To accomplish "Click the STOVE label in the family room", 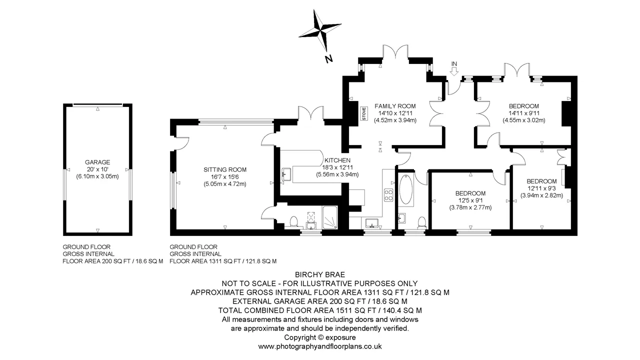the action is (363, 113).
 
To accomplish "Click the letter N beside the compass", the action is (329, 59).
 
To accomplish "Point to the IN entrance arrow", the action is (453, 72).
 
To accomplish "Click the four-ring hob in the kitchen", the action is (388, 195).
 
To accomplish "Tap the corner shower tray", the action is (330, 217).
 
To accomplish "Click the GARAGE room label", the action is (97, 162).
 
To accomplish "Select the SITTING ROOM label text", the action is (225, 169).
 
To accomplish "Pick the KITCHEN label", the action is (337, 160).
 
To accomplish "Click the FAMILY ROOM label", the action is (395, 106).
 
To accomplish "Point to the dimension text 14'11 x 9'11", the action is (524, 113).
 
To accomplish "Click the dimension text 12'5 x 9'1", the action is (470, 200).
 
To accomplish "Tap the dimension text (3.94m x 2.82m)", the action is (541, 195).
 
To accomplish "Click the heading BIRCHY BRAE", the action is (320, 274).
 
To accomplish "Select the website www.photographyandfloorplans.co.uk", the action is (320, 346).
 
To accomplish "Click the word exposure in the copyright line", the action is (340, 337).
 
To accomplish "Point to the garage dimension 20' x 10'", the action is (97, 169).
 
